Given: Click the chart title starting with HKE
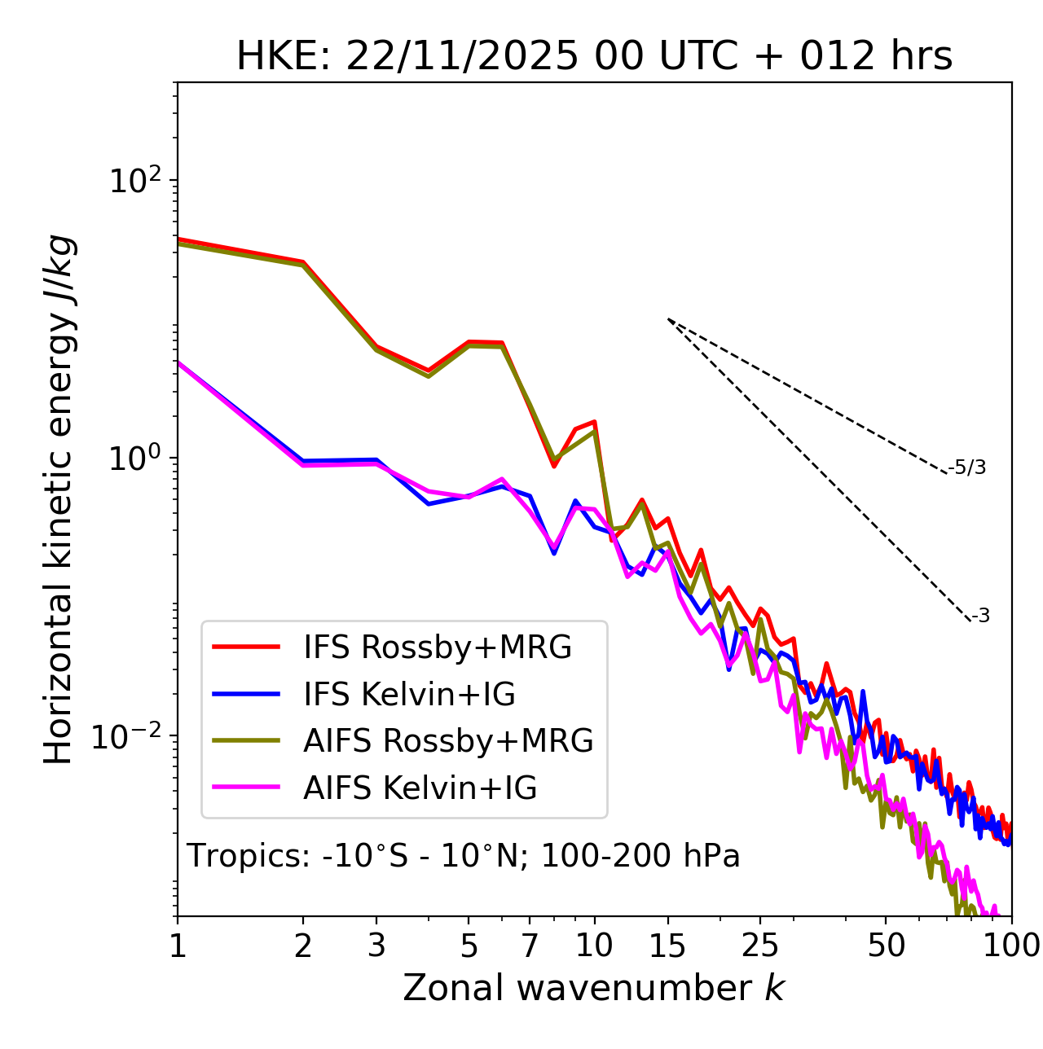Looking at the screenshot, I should tap(594, 57).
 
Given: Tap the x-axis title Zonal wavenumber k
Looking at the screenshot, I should tap(594, 988).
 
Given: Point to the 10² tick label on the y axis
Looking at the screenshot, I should tap(134, 181).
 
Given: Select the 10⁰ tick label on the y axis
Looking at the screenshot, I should tap(134, 459).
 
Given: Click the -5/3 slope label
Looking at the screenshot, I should tap(967, 467).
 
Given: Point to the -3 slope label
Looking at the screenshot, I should tap(980, 617).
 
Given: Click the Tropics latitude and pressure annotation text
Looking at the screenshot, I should tap(463, 857).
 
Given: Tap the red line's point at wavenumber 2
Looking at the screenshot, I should tap(303, 262).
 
